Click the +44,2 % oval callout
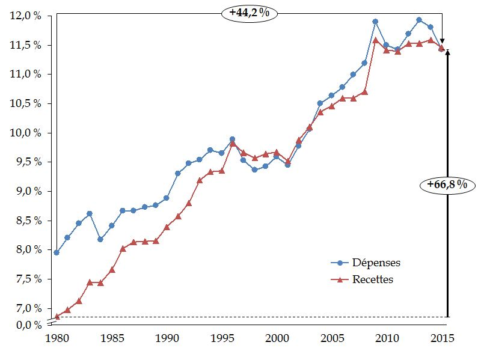[x=249, y=13]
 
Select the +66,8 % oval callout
[x=447, y=185]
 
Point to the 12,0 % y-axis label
[x=26, y=16]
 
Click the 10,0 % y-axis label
[x=26, y=133]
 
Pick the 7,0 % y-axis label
[x=27, y=308]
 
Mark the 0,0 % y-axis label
[x=27, y=325]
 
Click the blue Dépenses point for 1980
[x=57, y=252]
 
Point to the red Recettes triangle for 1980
[x=57, y=316]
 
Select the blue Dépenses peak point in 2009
[x=375, y=22]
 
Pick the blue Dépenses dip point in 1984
[x=100, y=239]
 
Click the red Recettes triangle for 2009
[x=375, y=40]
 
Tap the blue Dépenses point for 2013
[x=419, y=20]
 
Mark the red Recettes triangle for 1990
[x=167, y=227]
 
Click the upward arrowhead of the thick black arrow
[x=447, y=52]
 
